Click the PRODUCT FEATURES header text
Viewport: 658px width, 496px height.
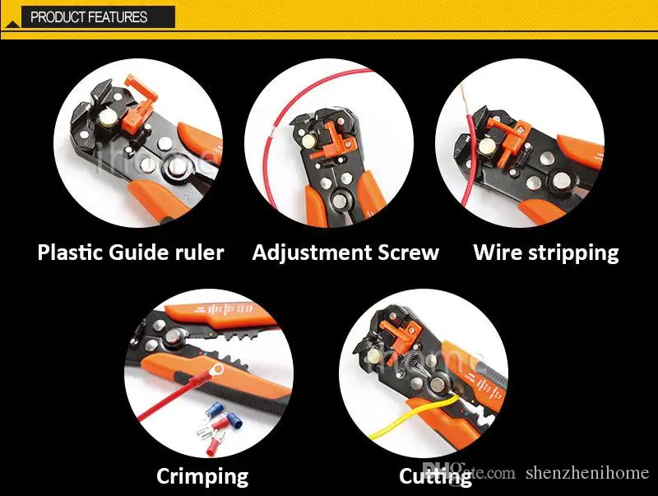pyautogui.click(x=89, y=16)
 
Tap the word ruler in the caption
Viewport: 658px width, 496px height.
pyautogui.click(x=196, y=253)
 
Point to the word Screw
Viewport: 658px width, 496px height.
pyautogui.click(x=410, y=253)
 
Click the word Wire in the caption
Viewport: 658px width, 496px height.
pyautogui.click(x=495, y=253)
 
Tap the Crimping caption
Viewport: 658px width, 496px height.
pyautogui.click(x=202, y=475)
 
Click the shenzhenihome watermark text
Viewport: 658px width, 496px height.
pyautogui.click(x=588, y=473)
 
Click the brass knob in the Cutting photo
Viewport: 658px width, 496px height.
pyautogui.click(x=373, y=355)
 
